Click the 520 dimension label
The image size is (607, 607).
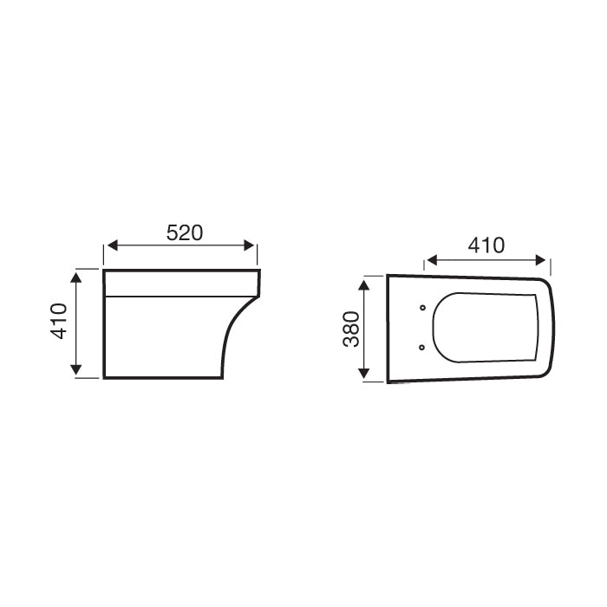[x=184, y=232]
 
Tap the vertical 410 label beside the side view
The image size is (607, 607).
[x=60, y=322]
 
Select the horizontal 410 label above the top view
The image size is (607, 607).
[x=486, y=245]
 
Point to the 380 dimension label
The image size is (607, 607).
[x=351, y=330]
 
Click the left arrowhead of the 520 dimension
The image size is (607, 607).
[x=109, y=246]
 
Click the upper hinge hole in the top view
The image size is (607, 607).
[x=421, y=308]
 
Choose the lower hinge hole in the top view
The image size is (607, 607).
[x=421, y=348]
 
